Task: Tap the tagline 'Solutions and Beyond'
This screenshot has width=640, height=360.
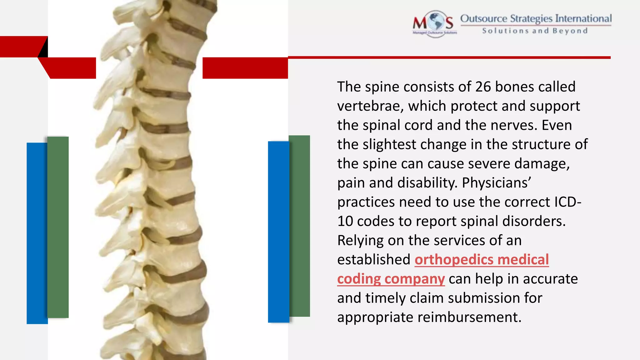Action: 535,31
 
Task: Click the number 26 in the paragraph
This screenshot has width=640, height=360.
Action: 483,87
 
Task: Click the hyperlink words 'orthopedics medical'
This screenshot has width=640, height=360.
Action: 482,260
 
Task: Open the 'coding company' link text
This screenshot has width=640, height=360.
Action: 391,279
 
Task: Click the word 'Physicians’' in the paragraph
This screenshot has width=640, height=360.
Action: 497,183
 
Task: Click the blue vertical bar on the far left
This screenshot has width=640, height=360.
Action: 37,233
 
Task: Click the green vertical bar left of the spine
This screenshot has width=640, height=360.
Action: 58,227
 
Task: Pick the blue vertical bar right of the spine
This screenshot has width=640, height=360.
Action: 278,232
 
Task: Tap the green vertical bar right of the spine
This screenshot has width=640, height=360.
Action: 300,226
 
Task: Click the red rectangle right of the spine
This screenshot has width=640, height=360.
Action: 245,68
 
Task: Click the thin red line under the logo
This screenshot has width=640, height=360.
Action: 449,57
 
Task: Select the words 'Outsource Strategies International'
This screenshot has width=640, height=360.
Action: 536,18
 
